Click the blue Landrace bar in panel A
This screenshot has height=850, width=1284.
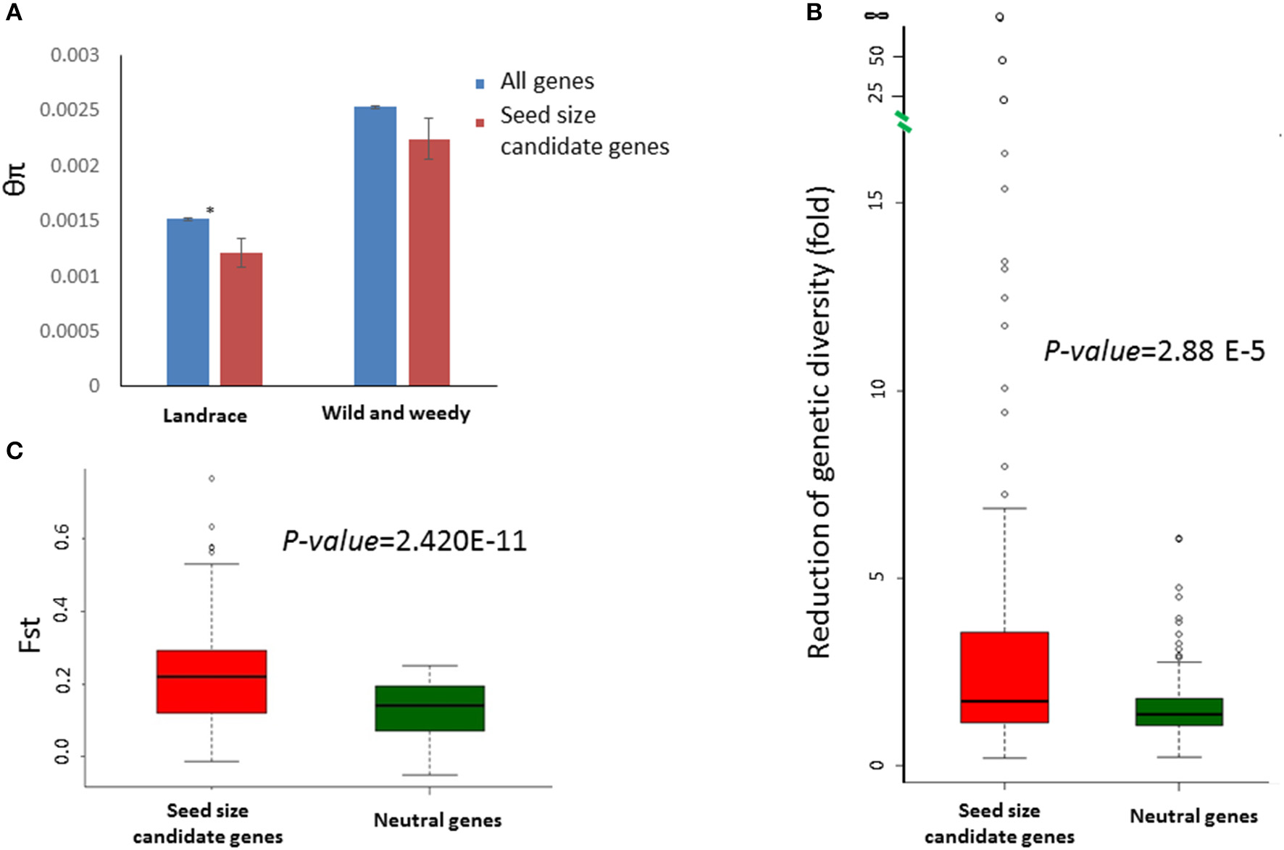pos(188,302)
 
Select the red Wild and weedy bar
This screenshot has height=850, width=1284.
pos(429,262)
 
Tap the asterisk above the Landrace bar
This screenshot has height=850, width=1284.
pos(211,211)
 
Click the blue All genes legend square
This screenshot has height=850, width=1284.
pos(480,84)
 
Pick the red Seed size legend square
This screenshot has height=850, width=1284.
pos(480,123)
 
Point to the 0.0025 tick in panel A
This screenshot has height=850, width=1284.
pos(70,110)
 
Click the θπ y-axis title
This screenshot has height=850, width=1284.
pos(15,179)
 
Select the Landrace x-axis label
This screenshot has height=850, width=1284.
pos(204,416)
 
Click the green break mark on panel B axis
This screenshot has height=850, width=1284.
pos(903,122)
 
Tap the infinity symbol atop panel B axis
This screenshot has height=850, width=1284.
pos(877,15)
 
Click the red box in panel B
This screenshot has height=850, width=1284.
pos(1004,677)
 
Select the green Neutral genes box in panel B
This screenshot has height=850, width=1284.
pos(1179,712)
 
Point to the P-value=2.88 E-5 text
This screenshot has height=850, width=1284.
pos(1154,351)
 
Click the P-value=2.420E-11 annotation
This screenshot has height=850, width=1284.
pos(404,541)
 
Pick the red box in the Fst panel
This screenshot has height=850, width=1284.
pos(212,681)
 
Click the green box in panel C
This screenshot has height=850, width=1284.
pos(430,708)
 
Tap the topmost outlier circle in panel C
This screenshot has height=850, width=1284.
pos(212,479)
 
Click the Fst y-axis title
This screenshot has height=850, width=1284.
pos(29,634)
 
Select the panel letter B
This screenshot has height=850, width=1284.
pos(814,12)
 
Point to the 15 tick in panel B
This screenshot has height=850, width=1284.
pos(877,202)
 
